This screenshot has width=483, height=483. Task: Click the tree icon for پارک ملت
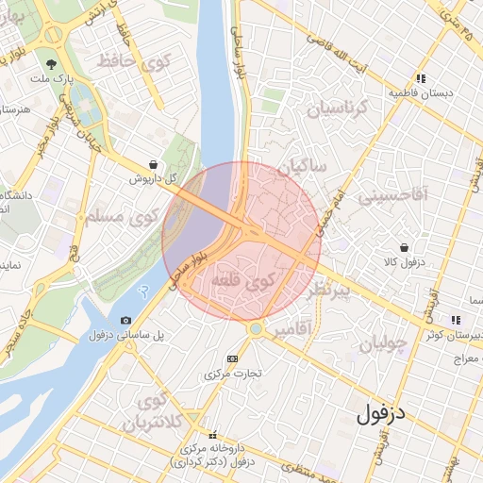(49, 64)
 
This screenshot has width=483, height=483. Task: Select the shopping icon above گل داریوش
(154, 163)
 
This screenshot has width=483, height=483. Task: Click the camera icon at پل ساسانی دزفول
(126, 321)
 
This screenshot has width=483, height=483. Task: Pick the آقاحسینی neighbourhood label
(390, 196)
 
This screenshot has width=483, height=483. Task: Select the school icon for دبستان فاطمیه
(421, 79)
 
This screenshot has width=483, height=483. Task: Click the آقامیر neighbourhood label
(295, 330)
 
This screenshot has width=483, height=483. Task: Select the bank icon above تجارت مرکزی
(233, 358)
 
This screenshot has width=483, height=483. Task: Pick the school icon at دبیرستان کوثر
(457, 321)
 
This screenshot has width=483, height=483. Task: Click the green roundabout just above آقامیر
(255, 328)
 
